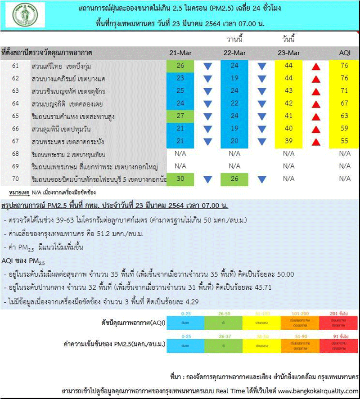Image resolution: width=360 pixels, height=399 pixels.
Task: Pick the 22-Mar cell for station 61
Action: coord(234,66)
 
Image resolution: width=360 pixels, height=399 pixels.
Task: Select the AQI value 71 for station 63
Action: coord(344,91)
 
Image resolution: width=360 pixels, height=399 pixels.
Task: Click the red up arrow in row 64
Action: coord(316,104)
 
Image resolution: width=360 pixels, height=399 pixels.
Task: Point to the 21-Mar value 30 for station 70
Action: coord(180,179)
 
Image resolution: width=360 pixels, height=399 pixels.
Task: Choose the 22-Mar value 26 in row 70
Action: coord(234,179)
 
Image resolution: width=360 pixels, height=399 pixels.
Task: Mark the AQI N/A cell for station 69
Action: coord(344,166)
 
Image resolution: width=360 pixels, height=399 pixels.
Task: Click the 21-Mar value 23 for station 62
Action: coord(180,78)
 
